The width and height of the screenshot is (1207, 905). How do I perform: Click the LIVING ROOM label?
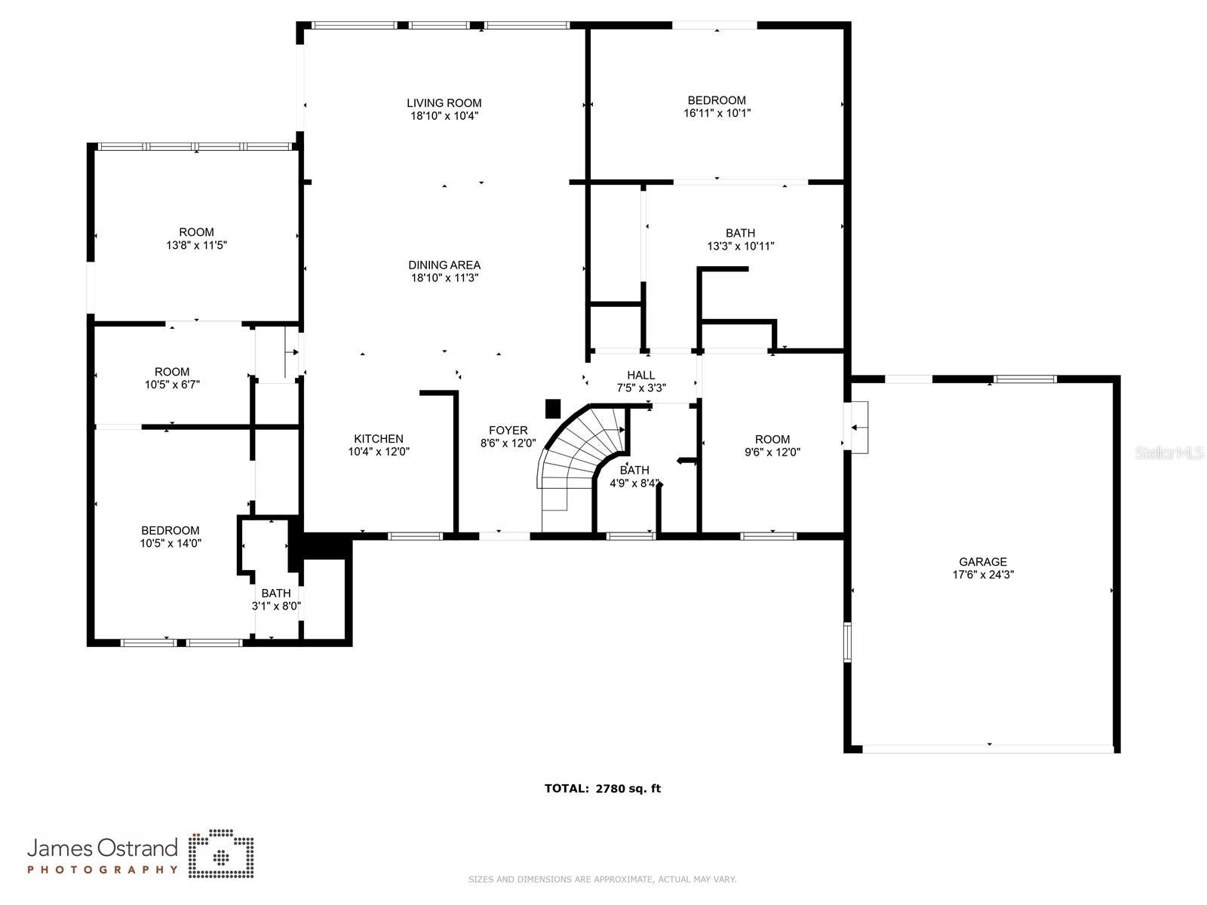pyautogui.click(x=444, y=103)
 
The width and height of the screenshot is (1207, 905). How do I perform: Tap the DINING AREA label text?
pyautogui.click(x=444, y=265)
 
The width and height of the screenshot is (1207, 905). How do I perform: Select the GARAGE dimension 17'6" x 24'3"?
pyautogui.click(x=982, y=575)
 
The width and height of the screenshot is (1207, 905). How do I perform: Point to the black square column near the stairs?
pyautogui.click(x=553, y=408)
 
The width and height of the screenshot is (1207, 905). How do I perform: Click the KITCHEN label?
pyautogui.click(x=379, y=439)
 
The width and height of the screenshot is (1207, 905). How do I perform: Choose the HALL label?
pyautogui.click(x=640, y=375)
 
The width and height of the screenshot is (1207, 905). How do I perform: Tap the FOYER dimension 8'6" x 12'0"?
pyautogui.click(x=508, y=443)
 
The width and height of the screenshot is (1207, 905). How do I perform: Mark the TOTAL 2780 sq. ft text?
pyautogui.click(x=602, y=789)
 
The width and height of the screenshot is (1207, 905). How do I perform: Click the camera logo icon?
pyautogui.click(x=220, y=854)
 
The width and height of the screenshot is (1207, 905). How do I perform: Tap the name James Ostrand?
pyautogui.click(x=103, y=848)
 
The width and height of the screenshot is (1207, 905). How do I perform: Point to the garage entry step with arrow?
pyautogui.click(x=858, y=427)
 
